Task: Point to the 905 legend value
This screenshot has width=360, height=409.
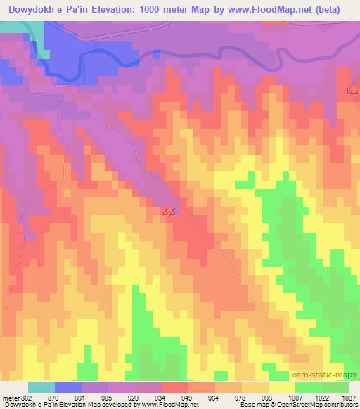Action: [106, 398]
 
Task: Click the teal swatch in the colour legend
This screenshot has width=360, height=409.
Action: [41, 387]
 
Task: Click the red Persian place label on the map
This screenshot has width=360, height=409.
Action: [167, 209]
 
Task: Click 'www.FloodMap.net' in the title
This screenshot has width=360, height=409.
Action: [259, 10]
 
